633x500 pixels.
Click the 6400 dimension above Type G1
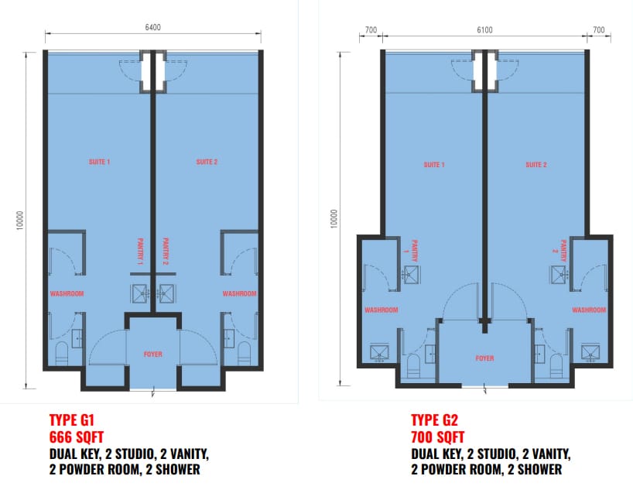pos(152,27)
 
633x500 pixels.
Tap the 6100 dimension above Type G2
pos(484,30)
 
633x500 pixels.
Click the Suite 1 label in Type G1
pos(99,162)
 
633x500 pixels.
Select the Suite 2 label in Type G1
pos(207,162)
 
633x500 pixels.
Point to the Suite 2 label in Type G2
pos(536,165)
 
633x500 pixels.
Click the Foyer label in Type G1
pos(153,354)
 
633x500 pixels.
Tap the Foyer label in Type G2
pos(484,358)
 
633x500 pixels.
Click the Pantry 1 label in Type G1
pos(141,252)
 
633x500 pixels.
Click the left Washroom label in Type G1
pos(67,293)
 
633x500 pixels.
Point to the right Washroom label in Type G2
pos(589,310)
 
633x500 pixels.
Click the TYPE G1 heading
pos(71,420)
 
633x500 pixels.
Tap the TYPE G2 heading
pos(434,420)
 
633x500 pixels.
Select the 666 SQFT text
pos(77,437)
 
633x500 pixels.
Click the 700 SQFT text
pos(438,437)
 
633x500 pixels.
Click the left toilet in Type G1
pos(61,354)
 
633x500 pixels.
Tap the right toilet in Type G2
pos(556,365)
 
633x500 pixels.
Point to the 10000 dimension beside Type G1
pos(20,220)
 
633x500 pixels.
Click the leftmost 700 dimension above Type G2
pos(371,30)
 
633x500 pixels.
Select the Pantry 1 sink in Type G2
pos(411,274)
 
